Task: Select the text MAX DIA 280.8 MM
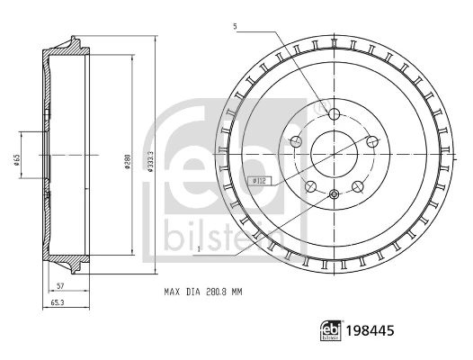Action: point(203,292)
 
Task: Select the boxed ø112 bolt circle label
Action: point(258,179)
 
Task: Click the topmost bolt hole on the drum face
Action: point(334,114)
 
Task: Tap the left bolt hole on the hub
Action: point(295,141)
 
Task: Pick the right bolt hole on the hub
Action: point(371,140)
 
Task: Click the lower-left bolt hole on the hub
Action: point(310,186)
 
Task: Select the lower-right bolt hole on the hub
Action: point(357,186)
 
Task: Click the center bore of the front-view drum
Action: point(334,154)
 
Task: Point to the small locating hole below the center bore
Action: point(334,195)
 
